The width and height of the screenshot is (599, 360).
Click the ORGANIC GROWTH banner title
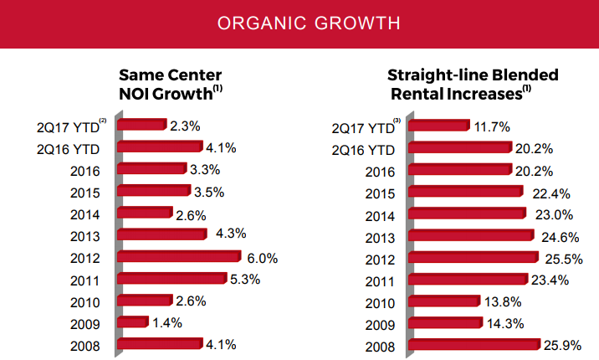pyautogui.click(x=299, y=23)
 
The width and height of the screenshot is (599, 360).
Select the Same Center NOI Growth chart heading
pyautogui.click(x=172, y=84)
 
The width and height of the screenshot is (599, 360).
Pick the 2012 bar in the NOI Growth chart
pyautogui.click(x=175, y=257)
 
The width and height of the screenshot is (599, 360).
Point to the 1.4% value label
pyautogui.click(x=168, y=321)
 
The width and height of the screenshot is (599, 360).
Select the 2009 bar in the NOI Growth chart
pyautogui.click(x=134, y=321)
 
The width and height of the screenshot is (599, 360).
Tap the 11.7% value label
pyautogui.click(x=493, y=126)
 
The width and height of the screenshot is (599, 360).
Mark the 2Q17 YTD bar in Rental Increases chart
pyautogui.click(x=441, y=126)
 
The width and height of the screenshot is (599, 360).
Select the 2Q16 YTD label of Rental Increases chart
pyautogui.click(x=364, y=149)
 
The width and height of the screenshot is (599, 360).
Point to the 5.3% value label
pyautogui.click(x=245, y=279)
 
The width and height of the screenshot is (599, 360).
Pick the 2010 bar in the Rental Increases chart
pyautogui.click(x=447, y=300)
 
